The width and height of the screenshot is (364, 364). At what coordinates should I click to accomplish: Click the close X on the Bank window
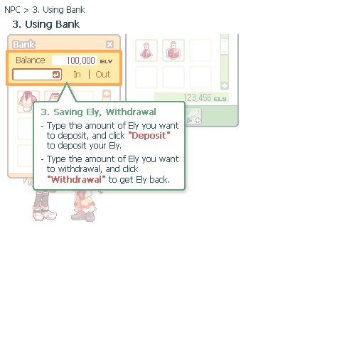[109, 44]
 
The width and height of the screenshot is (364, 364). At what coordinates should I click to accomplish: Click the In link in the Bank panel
[77, 75]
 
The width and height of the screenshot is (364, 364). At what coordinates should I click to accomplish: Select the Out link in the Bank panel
[103, 75]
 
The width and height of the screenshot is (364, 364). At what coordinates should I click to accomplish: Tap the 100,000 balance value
[81, 60]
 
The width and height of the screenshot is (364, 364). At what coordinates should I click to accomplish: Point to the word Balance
[31, 60]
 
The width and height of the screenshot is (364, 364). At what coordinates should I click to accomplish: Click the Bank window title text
[23, 44]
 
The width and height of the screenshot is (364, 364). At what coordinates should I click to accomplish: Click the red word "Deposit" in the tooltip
[149, 136]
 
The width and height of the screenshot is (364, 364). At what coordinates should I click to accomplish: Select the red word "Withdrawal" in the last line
[76, 179]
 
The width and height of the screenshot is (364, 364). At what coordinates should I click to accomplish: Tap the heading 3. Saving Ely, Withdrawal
[98, 112]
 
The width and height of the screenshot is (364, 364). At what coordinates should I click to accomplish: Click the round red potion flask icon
[146, 50]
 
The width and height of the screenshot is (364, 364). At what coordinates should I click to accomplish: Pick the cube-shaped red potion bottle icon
[173, 50]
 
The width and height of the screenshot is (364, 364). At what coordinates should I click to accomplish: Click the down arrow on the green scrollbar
[225, 85]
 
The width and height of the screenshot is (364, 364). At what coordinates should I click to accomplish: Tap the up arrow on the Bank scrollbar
[107, 94]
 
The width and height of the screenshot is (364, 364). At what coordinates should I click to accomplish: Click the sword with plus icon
[193, 116]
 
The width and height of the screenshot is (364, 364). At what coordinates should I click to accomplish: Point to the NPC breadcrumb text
[12, 10]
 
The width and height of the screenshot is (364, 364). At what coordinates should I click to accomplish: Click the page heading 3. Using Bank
[46, 24]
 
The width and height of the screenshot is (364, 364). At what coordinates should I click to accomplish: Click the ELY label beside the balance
[106, 61]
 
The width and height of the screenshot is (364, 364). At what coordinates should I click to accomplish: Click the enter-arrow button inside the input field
[56, 75]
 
